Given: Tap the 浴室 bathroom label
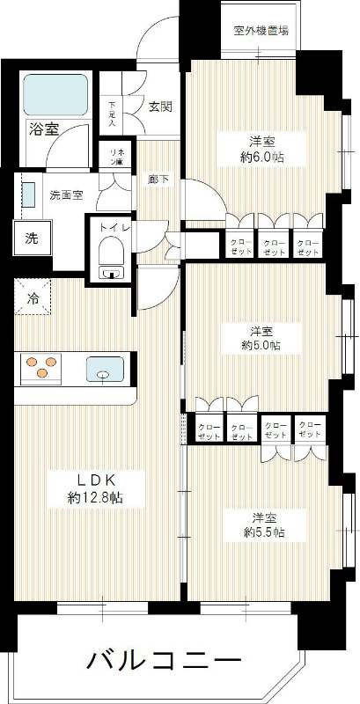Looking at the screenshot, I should tap(43, 129).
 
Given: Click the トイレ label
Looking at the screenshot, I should tap(114, 227).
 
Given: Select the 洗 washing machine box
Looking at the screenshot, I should tap(31, 237).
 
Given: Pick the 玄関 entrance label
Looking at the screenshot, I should tap(160, 106).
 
